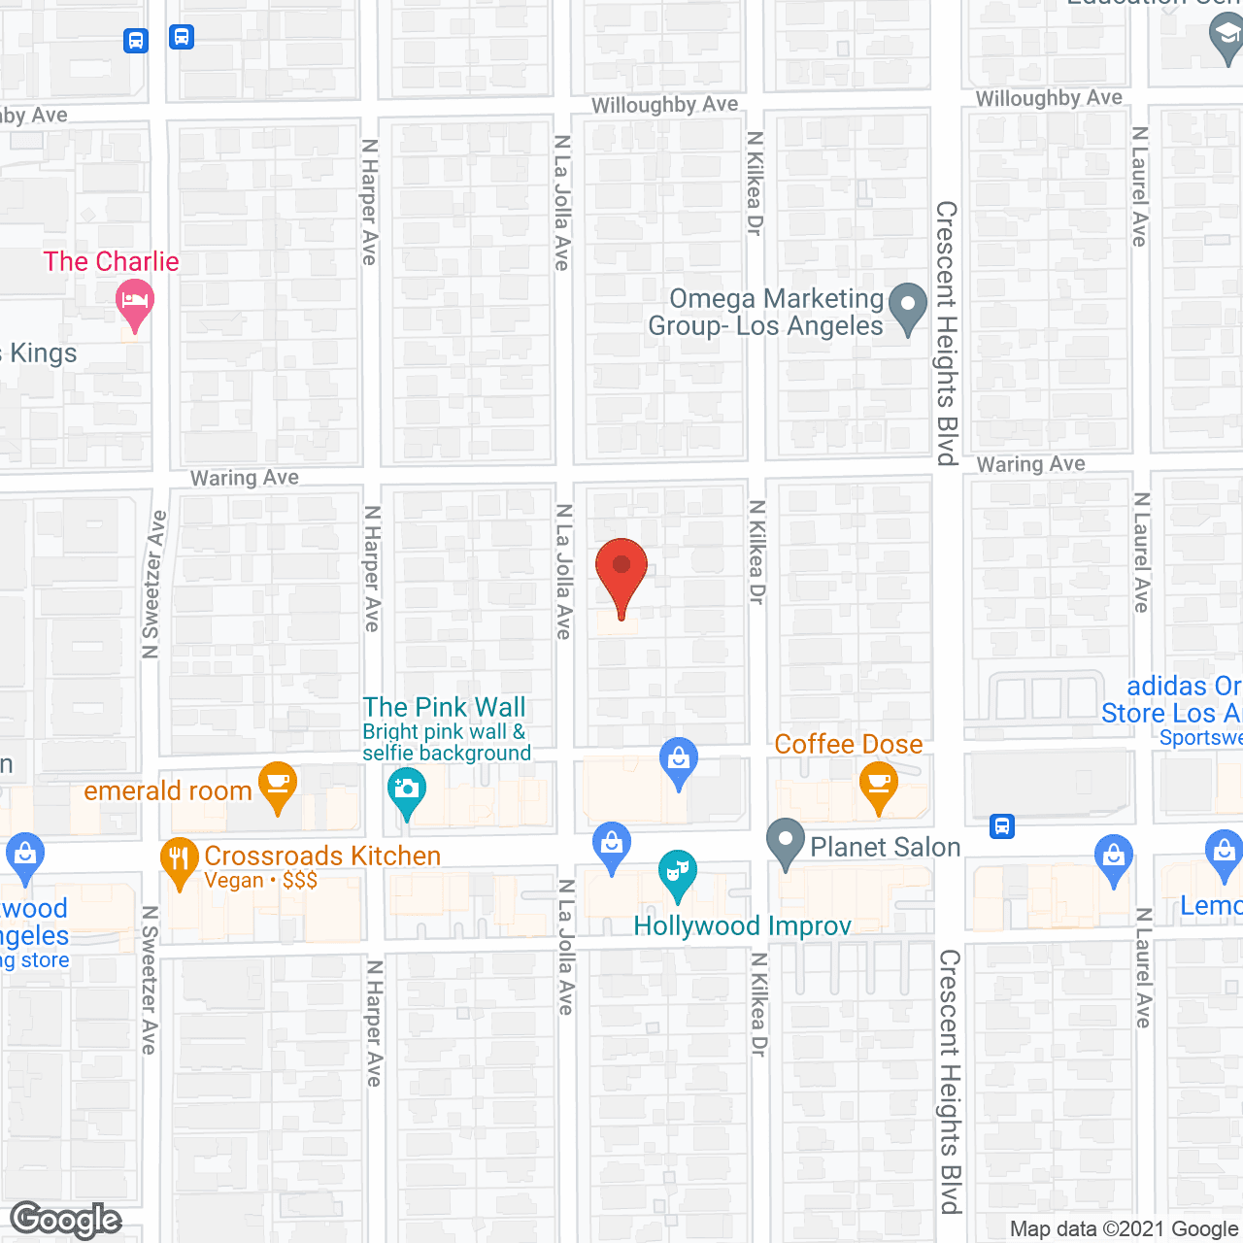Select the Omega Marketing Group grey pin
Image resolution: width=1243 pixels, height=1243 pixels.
point(908,306)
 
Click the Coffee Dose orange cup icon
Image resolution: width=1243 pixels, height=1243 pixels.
point(879,785)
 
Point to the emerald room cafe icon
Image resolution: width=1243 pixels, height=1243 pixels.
point(278,785)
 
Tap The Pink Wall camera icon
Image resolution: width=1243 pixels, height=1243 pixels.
point(406,790)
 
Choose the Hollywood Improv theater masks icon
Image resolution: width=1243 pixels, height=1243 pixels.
point(677,873)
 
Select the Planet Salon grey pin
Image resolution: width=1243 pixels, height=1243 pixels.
point(786,842)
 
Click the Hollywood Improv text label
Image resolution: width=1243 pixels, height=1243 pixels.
point(742,925)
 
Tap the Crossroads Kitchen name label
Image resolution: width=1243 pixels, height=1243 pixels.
point(322,856)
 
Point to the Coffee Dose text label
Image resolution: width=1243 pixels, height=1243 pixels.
point(848,744)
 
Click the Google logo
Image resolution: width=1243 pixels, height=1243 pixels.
point(65,1220)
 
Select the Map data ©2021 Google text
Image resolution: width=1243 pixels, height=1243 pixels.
point(1124,1228)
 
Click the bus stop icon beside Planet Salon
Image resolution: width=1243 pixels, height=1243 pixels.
point(1002,826)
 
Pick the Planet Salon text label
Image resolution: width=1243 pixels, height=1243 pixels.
point(885,847)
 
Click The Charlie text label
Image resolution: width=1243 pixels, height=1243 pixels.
point(111,261)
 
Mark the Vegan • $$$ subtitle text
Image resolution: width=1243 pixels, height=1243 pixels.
point(260,881)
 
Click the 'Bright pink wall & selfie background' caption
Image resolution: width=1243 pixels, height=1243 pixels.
point(447,742)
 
